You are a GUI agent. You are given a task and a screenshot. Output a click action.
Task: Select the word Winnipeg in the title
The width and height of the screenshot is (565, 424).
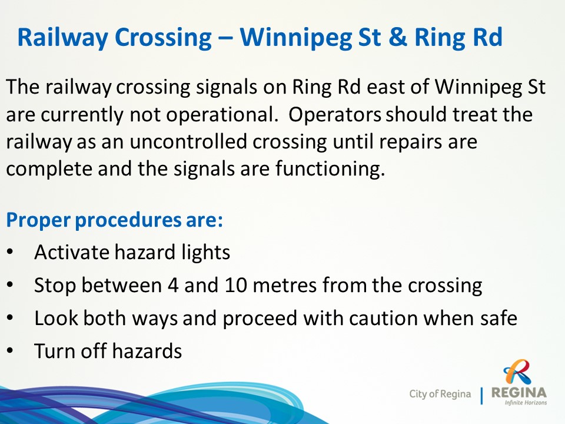coord(296,38)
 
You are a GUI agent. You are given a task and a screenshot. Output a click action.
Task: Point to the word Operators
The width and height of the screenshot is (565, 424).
coord(334,115)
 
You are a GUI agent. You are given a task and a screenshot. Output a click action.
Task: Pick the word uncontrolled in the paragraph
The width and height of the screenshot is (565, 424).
coord(188,141)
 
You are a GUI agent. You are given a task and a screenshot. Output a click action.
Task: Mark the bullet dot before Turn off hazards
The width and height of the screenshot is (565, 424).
coord(10,351)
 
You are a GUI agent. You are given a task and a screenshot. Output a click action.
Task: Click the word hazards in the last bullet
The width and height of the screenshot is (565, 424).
coord(147,351)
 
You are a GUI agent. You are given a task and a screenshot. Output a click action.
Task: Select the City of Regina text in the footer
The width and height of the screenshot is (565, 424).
coord(440,394)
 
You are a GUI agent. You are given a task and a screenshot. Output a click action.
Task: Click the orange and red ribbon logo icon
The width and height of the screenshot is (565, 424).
coord(517,372)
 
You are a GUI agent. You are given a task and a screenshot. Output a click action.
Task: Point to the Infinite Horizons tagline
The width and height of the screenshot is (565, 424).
coord(526,403)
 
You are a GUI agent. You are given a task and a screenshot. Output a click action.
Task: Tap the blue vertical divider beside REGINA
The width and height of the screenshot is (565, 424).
coord(481,396)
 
